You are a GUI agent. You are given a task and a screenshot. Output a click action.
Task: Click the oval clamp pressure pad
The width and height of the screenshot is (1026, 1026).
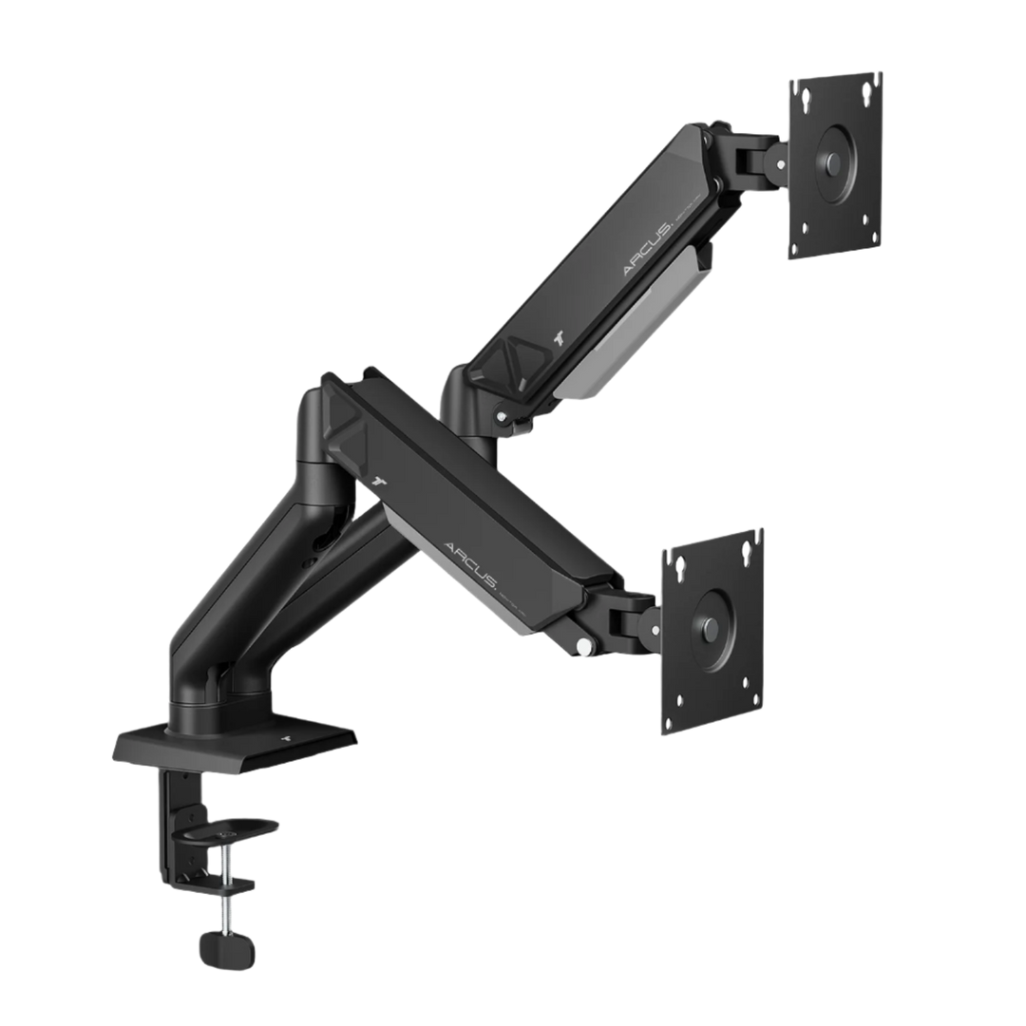coord(228,826)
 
